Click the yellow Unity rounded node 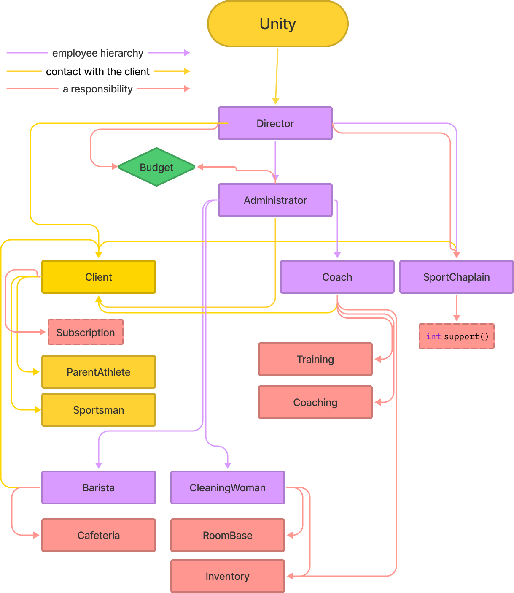click(277, 24)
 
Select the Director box click(275, 123)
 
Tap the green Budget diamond click(156, 167)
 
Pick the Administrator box click(275, 200)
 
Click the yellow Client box click(99, 277)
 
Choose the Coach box click(337, 277)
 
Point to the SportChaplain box click(456, 277)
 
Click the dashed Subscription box click(86, 332)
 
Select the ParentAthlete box click(99, 372)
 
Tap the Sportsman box click(99, 410)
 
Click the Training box click(315, 359)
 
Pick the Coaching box click(315, 402)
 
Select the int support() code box click(457, 336)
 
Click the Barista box click(99, 487)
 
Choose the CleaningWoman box click(227, 487)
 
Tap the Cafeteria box click(99, 535)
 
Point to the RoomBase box click(227, 535)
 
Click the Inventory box click(227, 576)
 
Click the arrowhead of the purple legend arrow click(187, 53)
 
